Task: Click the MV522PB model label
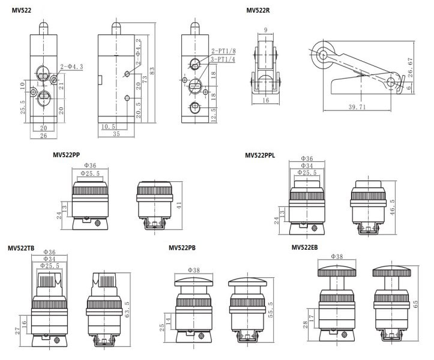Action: click(182, 248)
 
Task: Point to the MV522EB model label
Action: click(305, 247)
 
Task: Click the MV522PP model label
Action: click(67, 155)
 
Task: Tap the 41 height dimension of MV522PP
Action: click(179, 205)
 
